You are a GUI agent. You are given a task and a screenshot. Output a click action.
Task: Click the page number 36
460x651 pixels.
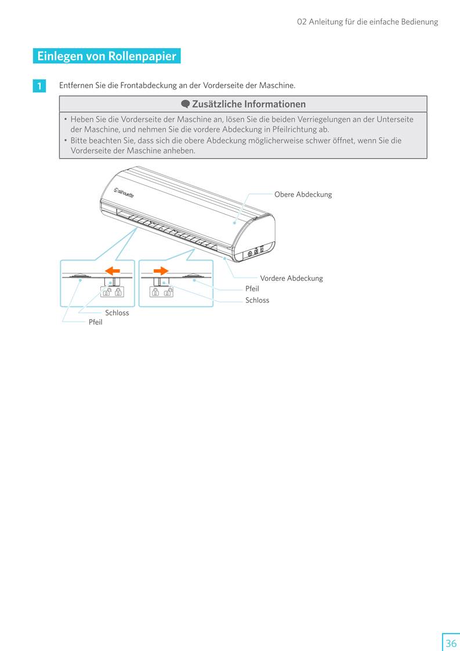(x=451, y=643)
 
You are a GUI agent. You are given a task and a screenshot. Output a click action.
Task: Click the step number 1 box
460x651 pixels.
(x=39, y=86)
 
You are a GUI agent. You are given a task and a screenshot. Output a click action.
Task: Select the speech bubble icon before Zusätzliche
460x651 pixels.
(x=185, y=104)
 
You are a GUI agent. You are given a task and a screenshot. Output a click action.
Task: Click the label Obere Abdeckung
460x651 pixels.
(x=303, y=194)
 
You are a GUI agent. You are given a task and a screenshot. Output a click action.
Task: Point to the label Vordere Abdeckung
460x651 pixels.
(x=291, y=279)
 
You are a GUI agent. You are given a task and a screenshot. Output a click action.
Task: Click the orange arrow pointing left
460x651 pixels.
(x=113, y=271)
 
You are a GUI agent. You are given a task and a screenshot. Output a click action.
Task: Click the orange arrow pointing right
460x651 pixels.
(x=161, y=271)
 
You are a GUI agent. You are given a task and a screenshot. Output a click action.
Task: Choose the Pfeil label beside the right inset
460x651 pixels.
(x=252, y=288)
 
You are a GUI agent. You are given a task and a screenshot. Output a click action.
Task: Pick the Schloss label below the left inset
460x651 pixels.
(x=117, y=313)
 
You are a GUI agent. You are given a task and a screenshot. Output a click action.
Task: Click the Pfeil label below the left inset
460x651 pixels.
(x=95, y=322)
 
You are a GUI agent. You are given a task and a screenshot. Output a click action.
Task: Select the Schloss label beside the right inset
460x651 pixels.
(x=257, y=300)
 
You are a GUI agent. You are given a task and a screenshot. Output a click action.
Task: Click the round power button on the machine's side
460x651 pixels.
(x=250, y=253)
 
